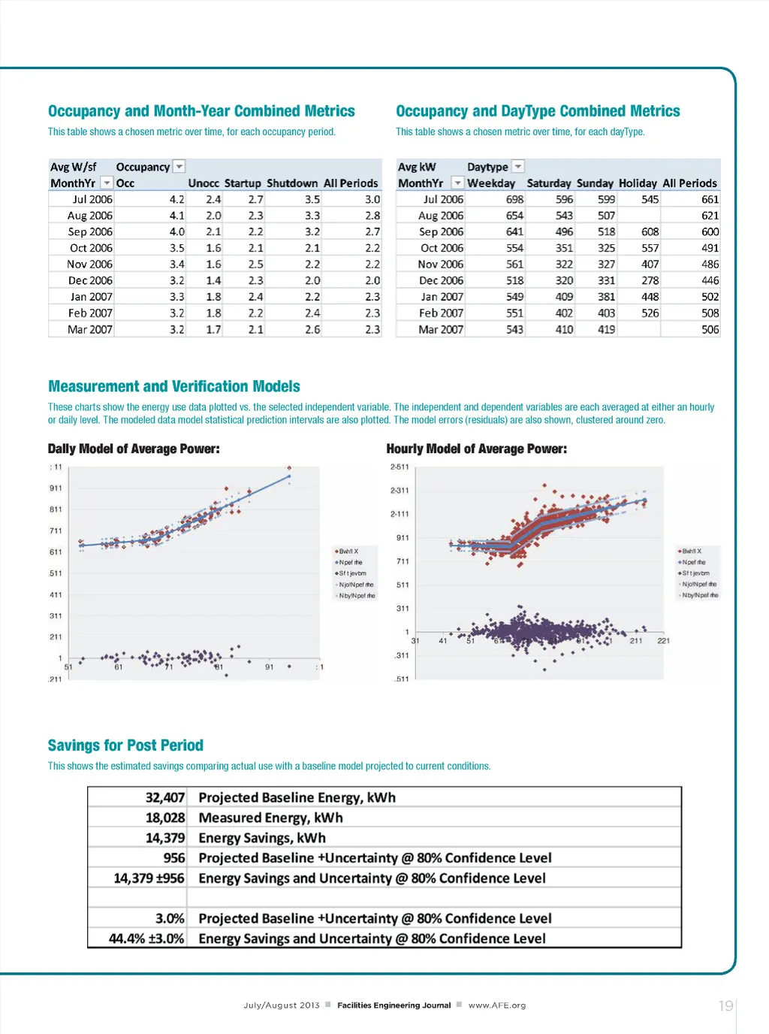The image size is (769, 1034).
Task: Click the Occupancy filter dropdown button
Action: pos(179,167)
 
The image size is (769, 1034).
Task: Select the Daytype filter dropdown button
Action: pos(518,167)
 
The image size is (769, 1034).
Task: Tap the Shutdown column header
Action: pos(292,183)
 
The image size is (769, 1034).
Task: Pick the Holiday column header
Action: pos(638,183)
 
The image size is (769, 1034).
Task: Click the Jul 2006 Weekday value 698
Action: pos(514,200)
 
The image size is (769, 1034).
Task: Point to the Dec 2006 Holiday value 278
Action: pos(650,281)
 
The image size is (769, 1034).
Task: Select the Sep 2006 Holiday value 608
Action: pos(650,232)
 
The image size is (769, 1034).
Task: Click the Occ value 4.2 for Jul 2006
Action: pos(176,200)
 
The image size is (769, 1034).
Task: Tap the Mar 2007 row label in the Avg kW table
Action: pos(441,330)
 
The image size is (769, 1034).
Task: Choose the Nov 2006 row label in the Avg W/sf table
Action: pos(89,265)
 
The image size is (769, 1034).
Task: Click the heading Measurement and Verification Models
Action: pos(173,386)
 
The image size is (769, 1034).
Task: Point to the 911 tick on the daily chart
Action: pos(56,488)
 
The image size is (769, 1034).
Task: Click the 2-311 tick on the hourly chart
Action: pos(400,491)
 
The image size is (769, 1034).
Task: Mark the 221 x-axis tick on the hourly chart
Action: pos(663,641)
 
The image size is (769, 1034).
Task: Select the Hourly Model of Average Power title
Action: pos(476,449)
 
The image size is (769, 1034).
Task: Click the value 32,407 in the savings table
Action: pos(164,798)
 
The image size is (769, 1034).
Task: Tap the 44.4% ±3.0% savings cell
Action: pos(146,939)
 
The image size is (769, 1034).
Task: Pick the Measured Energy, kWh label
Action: pos(270,818)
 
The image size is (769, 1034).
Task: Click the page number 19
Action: pos(725,1006)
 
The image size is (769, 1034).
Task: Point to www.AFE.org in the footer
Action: pos(496,1005)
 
